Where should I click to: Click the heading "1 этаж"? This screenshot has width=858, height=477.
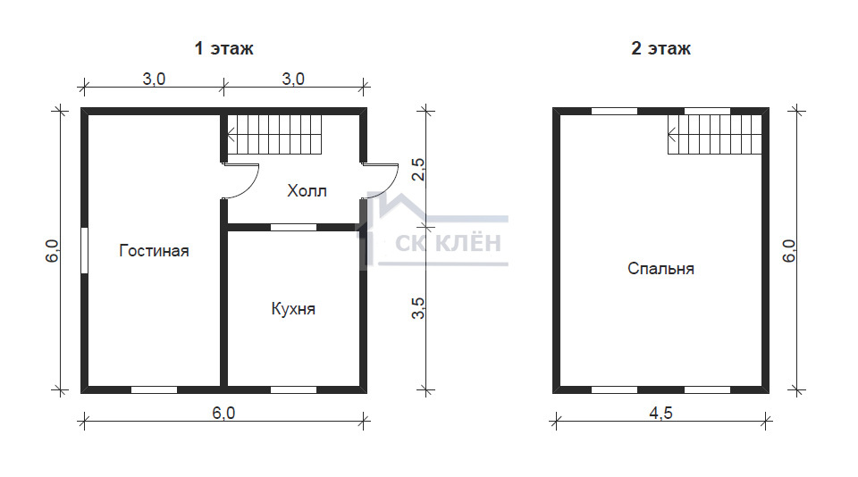click(223, 49)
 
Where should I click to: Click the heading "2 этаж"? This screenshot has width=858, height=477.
click(660, 49)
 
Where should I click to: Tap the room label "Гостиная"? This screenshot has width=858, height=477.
click(154, 250)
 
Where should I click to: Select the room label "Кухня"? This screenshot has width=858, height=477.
click(293, 309)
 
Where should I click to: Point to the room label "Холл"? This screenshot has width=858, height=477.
click(307, 191)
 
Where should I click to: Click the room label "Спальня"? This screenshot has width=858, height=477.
click(660, 269)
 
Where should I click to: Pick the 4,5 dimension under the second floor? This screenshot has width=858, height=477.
click(660, 413)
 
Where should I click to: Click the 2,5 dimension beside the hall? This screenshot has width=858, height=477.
click(418, 169)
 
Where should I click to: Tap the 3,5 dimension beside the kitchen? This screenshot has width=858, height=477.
click(418, 308)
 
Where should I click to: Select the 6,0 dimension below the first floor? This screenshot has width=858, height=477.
click(223, 413)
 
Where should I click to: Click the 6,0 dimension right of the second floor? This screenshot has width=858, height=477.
click(788, 251)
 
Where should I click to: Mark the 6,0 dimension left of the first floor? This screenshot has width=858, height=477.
click(52, 251)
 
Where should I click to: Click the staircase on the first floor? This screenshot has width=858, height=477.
click(274, 135)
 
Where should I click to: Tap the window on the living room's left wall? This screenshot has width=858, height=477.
click(84, 250)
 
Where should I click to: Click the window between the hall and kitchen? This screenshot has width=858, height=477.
click(294, 227)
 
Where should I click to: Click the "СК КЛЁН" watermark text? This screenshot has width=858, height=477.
click(448, 243)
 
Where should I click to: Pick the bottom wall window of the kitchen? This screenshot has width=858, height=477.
click(294, 390)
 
